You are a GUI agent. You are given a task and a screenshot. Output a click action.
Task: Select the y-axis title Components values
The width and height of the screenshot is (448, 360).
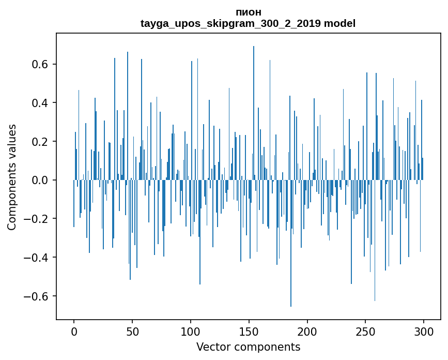coord(12,177)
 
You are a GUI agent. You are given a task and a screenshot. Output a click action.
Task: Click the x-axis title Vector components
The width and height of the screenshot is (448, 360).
coord(248,347)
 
